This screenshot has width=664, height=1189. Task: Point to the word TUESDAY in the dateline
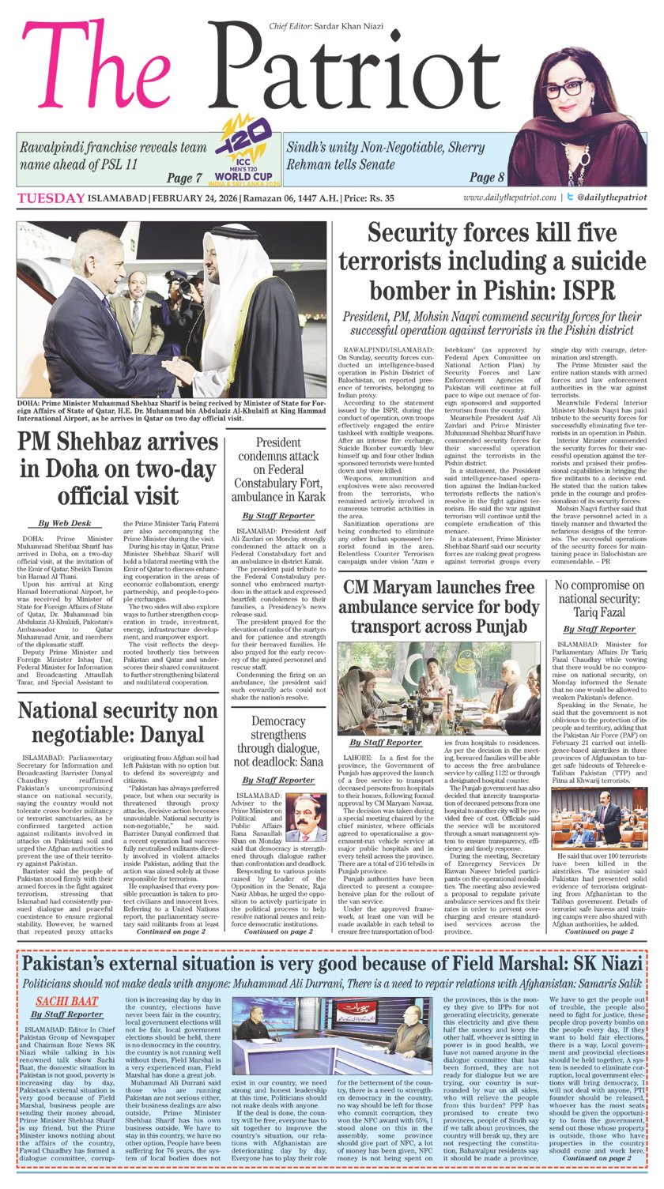click(51, 198)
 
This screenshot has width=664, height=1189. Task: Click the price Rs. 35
click(436, 198)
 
